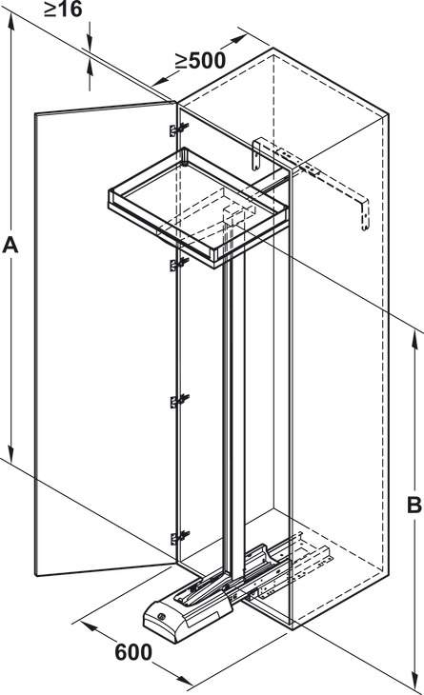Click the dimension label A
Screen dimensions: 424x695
(10, 246)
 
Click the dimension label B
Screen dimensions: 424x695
(414, 505)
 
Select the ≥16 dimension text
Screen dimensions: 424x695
(64, 10)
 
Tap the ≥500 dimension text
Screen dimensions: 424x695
(200, 61)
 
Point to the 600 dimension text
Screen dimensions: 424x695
(133, 652)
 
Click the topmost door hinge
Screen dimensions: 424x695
(179, 129)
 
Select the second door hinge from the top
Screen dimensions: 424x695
(179, 265)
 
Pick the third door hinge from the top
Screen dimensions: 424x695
(179, 401)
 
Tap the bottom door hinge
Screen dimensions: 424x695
(179, 537)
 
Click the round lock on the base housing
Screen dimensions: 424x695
(161, 616)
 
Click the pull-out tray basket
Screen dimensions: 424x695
(198, 206)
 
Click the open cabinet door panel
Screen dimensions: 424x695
(106, 339)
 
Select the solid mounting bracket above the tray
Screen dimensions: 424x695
(256, 155)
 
